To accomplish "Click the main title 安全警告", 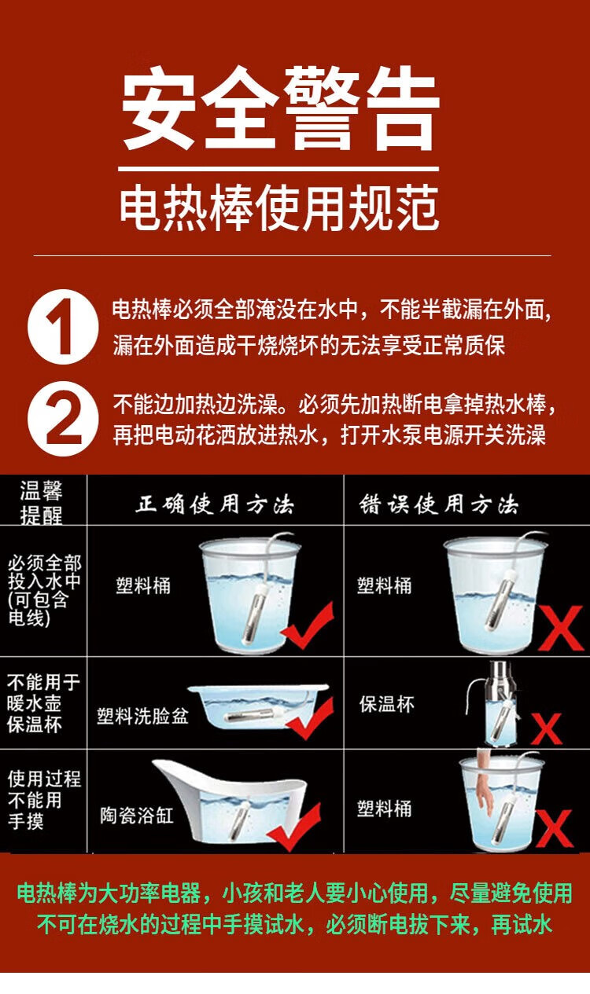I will click(x=280, y=111).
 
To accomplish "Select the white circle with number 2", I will click(x=64, y=419).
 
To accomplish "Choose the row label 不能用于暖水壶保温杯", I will click(x=43, y=702).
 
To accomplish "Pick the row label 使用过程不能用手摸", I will click(x=43, y=800).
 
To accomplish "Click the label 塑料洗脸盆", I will click(x=142, y=716).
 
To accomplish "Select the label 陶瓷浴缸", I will click(x=136, y=815).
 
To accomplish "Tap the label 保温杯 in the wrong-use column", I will click(x=386, y=704).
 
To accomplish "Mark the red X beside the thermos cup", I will click(x=546, y=730).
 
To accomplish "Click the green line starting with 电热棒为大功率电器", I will click(x=294, y=893).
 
